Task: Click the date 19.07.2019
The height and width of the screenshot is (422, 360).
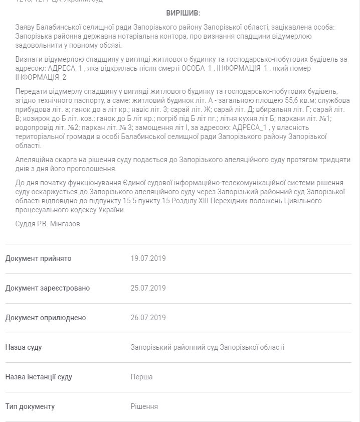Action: (x=148, y=258)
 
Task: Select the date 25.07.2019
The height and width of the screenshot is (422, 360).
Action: (x=148, y=288)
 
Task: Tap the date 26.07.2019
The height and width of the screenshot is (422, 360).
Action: (x=148, y=318)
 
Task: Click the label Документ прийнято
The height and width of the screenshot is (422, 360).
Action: (x=38, y=258)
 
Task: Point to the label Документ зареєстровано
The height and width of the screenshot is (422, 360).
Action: (x=48, y=288)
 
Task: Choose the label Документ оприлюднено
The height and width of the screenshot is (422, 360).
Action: (x=46, y=318)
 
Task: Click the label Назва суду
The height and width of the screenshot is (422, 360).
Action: (x=24, y=347)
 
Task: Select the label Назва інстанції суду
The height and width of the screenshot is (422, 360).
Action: (x=39, y=377)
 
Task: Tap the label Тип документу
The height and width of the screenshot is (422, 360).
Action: (x=30, y=406)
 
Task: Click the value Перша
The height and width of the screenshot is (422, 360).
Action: (x=141, y=377)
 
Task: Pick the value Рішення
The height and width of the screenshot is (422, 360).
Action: (x=144, y=406)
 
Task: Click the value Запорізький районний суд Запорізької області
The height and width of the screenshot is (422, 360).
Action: (x=207, y=347)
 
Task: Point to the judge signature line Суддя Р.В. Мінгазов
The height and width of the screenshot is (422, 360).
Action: (x=48, y=224)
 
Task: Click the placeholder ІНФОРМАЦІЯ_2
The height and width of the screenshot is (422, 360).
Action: (x=41, y=77)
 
